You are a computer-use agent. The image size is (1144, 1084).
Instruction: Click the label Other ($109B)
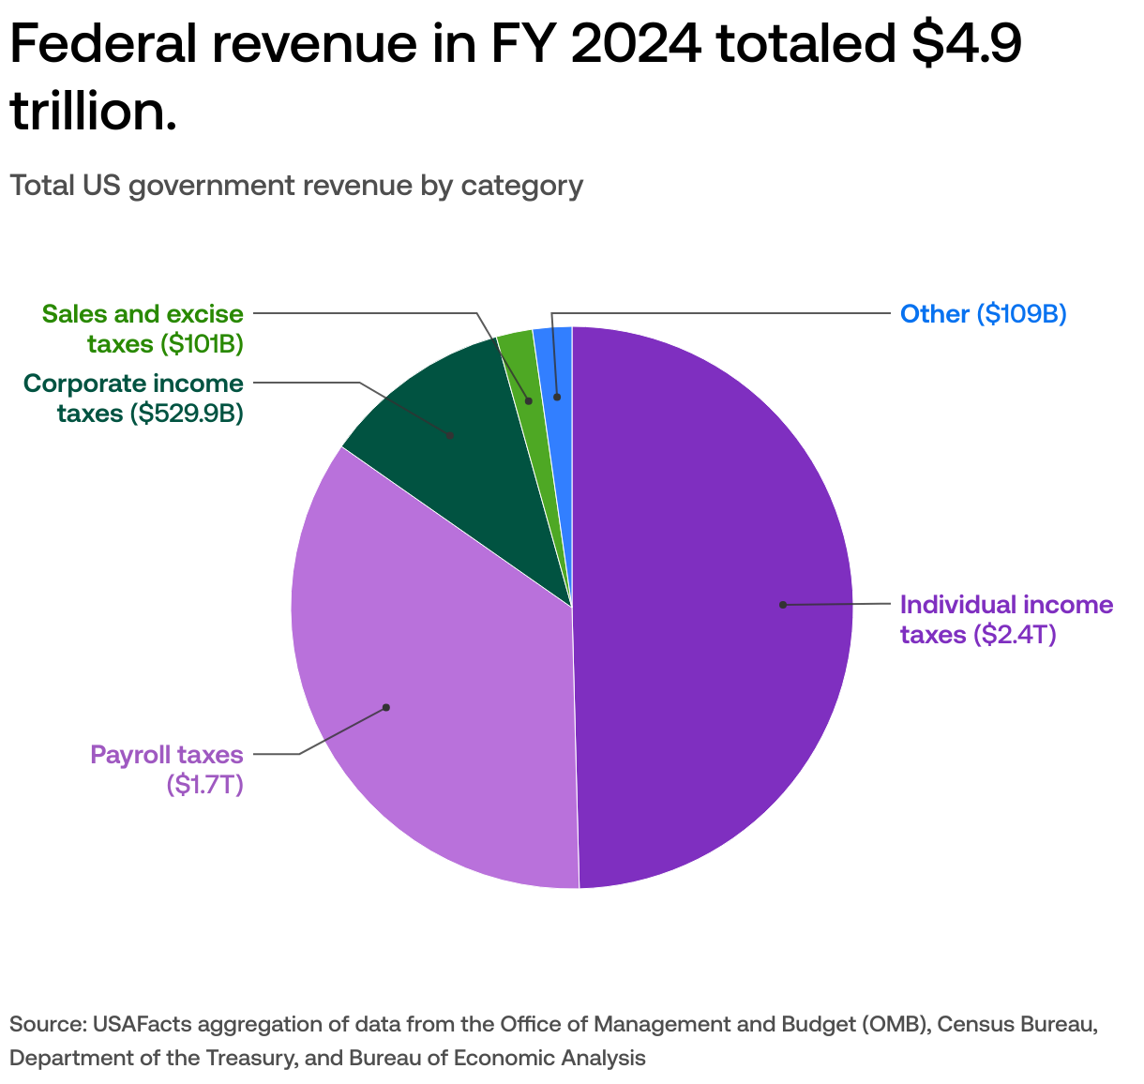983,313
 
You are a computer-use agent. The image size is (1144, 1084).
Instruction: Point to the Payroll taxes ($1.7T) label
167,769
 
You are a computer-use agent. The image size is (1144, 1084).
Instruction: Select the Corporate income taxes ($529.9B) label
133,398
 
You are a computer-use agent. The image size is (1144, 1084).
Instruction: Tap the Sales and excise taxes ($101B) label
143,328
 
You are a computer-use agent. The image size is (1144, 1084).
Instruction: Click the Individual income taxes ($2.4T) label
1006,619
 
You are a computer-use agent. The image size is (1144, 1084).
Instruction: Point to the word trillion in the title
93,112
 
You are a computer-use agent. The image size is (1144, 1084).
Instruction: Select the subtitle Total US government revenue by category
296,185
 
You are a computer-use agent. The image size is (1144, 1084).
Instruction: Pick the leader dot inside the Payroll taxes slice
385,707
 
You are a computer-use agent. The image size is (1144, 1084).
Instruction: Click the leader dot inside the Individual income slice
782,605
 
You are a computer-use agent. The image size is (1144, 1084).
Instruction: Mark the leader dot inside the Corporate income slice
451,435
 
